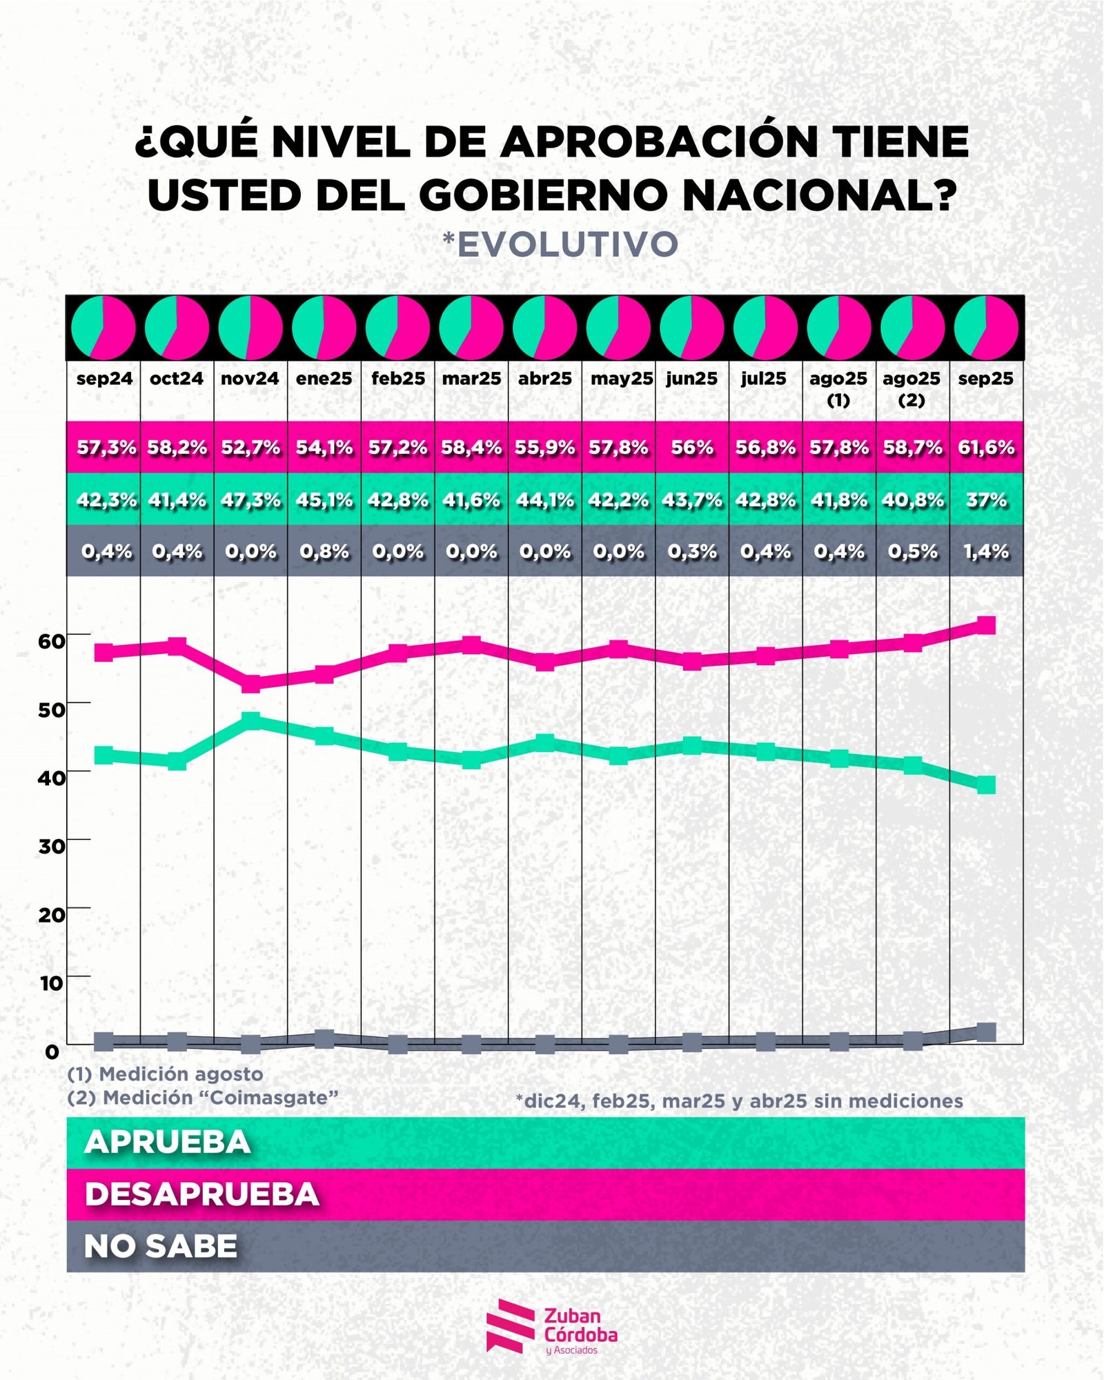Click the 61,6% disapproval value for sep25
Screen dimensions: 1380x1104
click(986, 448)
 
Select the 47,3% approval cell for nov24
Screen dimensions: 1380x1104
click(250, 500)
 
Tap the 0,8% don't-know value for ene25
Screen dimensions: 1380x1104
click(324, 551)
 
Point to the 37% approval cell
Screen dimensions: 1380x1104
click(986, 500)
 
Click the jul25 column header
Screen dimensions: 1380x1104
click(764, 378)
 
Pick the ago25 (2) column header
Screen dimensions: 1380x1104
click(911, 388)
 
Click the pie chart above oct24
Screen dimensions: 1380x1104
click(177, 328)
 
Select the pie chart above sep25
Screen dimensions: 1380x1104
click(986, 328)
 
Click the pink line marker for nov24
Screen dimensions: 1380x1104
click(250, 683)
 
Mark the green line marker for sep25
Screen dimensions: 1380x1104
click(986, 785)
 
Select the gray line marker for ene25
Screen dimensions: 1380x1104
click(324, 1038)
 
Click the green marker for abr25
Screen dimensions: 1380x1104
click(545, 743)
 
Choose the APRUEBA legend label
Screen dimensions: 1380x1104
click(168, 1142)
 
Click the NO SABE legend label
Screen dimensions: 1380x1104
click(161, 1245)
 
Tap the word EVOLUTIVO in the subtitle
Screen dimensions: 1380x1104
click(567, 244)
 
